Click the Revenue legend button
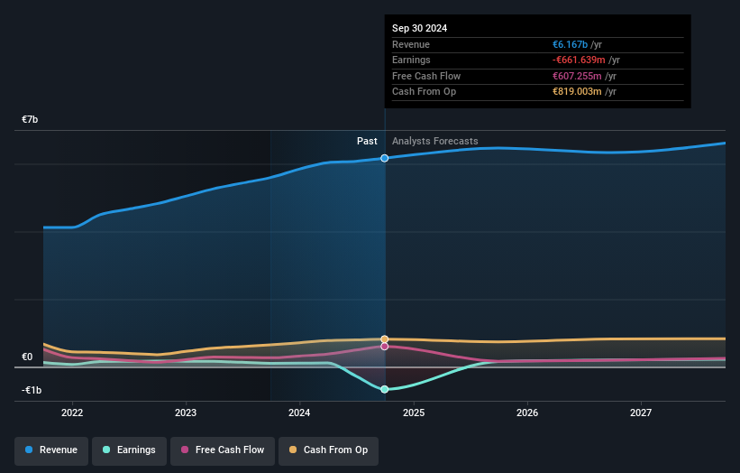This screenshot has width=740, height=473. tap(51, 450)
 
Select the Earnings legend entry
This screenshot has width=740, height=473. tap(129, 450)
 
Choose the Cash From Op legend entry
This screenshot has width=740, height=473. tap(328, 450)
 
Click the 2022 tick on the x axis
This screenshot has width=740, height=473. tap(72, 413)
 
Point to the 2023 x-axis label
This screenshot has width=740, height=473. tap(186, 413)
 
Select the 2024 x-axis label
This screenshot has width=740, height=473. tap(299, 413)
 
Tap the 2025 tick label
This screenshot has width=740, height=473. tap(414, 413)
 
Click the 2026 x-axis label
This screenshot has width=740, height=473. tap(527, 413)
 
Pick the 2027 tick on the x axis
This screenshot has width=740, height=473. tap(641, 413)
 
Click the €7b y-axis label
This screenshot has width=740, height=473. tap(31, 120)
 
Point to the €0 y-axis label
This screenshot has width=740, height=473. tap(28, 357)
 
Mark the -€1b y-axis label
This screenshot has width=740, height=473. tap(31, 391)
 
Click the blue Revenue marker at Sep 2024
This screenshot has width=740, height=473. tap(385, 158)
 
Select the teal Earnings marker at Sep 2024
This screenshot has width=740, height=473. tap(385, 389)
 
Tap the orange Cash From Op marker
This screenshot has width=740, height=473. tap(385, 339)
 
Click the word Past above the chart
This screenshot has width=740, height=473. tap(367, 141)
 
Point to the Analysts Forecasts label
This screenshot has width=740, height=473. tap(435, 141)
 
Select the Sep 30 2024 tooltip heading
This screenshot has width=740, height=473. tap(419, 28)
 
